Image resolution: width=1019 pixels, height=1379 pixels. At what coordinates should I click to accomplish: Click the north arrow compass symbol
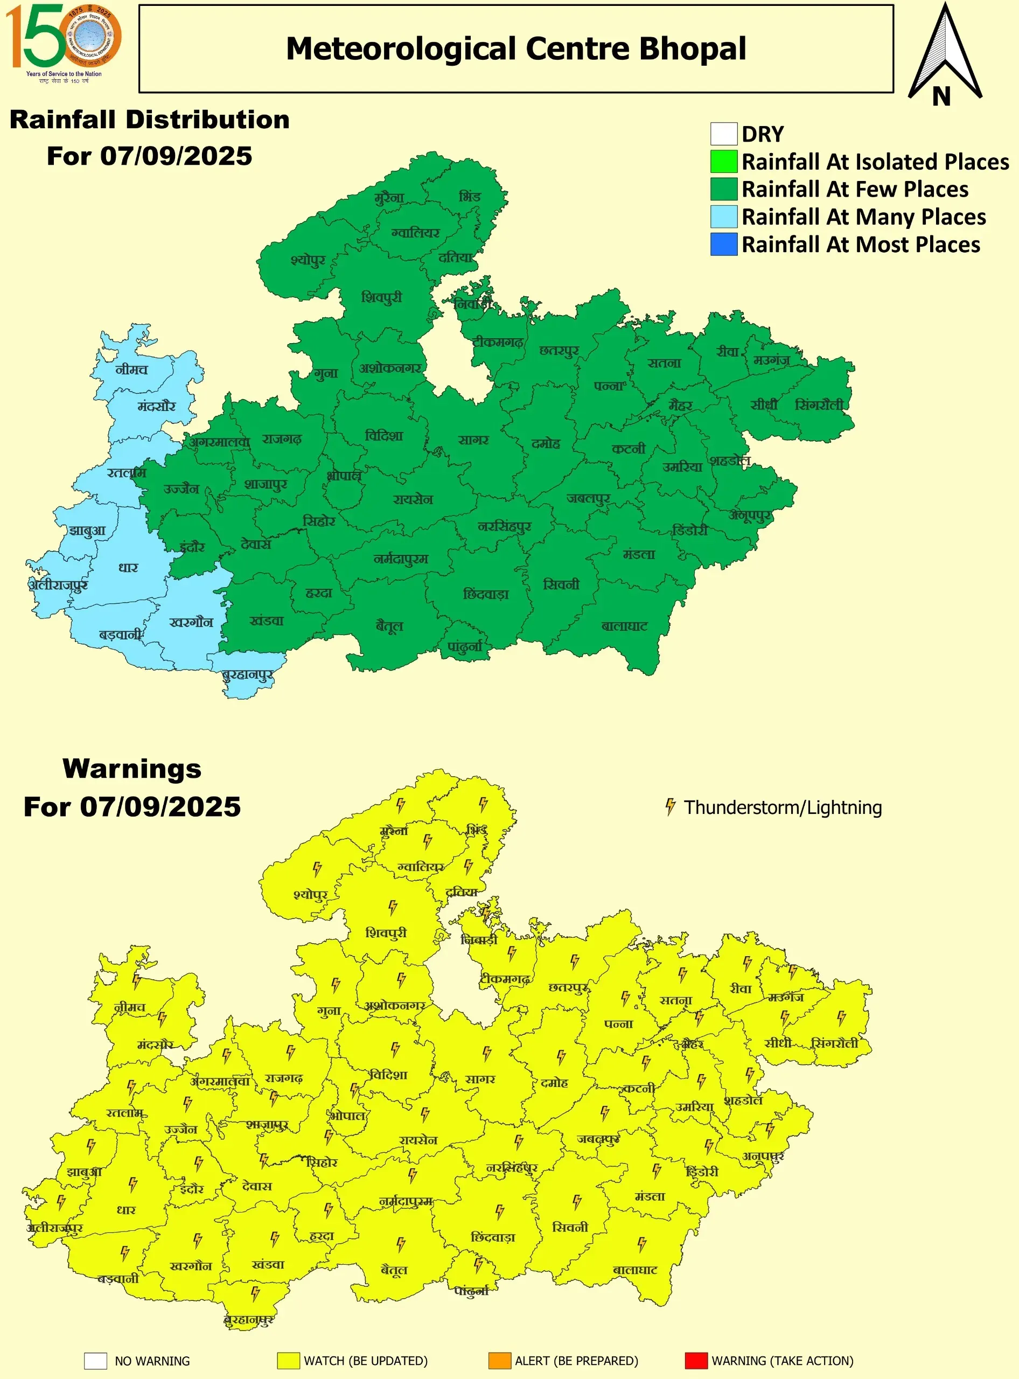point(944,55)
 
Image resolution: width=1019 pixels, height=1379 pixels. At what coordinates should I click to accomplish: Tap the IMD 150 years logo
point(63,42)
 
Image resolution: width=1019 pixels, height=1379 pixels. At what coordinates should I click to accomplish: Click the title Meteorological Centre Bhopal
point(515,48)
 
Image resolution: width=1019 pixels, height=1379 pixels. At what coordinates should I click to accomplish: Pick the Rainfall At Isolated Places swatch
point(723,162)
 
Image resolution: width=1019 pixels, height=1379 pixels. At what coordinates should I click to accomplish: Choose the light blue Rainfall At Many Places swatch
point(723,217)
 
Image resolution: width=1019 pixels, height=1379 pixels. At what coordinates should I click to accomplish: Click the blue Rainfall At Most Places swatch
point(723,245)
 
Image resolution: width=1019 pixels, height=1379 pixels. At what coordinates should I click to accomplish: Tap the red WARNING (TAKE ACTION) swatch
point(696,1361)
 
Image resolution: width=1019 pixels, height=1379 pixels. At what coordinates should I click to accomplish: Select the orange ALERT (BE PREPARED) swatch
point(499,1361)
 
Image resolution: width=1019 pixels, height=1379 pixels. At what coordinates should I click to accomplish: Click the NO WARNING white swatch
point(96,1361)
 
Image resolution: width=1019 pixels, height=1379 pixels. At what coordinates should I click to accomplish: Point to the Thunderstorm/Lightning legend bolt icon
point(670,807)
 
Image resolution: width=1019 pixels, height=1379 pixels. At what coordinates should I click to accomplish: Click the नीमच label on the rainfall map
point(131,370)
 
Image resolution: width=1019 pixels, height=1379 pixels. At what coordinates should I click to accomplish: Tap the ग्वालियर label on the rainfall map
point(415,233)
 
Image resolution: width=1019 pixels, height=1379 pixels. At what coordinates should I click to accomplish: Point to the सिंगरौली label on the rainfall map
point(819,405)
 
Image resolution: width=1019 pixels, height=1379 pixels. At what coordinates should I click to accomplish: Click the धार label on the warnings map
point(127,1210)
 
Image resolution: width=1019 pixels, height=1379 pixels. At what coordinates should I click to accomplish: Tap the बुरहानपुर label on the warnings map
point(249,1320)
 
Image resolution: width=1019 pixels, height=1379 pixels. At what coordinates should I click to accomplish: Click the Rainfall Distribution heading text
point(149,120)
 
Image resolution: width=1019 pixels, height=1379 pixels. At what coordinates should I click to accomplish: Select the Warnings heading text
point(132,769)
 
